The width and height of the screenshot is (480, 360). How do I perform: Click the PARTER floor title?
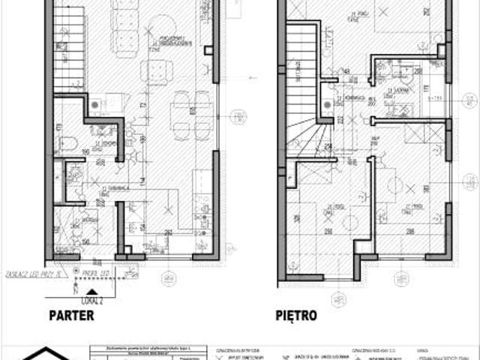(72, 316)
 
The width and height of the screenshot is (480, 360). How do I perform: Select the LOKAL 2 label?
(91, 298)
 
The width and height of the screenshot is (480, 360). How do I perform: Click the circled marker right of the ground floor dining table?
(238, 116)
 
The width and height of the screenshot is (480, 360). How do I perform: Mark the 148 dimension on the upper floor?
(346, 72)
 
